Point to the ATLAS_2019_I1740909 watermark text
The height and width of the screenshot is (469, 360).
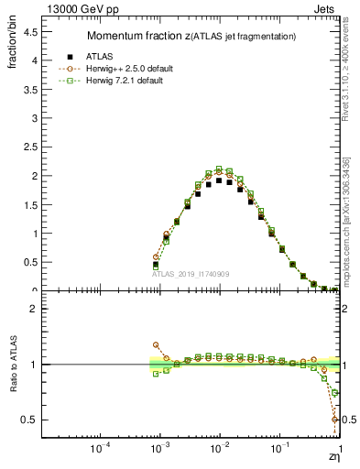tap(191, 274)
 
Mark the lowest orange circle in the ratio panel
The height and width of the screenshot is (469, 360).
tap(334, 420)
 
